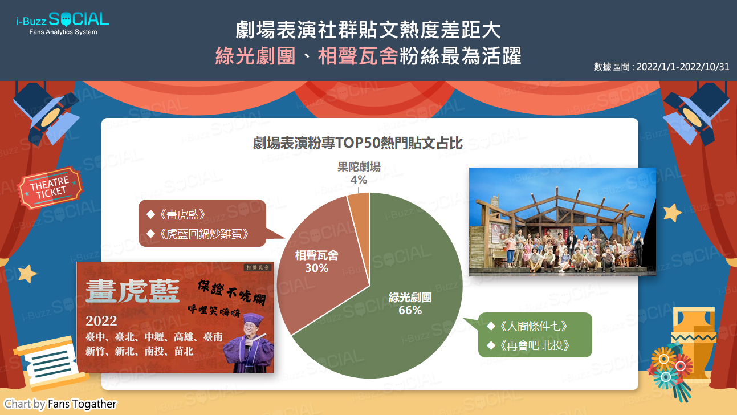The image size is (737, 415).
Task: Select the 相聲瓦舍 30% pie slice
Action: [316, 263]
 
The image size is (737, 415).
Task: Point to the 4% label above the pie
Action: [359, 180]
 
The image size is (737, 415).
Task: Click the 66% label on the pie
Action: [410, 310]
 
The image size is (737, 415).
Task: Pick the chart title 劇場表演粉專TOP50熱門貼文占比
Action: [357, 143]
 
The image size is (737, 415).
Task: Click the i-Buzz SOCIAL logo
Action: [63, 23]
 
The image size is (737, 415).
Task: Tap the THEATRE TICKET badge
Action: [51, 188]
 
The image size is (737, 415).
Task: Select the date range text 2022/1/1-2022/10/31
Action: [683, 67]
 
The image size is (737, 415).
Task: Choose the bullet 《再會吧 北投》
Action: [529, 345]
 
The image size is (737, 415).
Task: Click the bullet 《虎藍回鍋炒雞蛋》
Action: [198, 234]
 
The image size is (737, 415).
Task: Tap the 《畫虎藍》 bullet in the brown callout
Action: [177, 214]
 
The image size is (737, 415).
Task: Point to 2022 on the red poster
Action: [101, 321]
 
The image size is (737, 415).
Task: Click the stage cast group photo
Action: [562, 222]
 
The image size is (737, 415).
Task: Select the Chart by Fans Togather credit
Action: [60, 404]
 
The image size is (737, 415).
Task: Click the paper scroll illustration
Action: [50, 361]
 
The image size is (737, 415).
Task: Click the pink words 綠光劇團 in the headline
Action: [255, 56]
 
